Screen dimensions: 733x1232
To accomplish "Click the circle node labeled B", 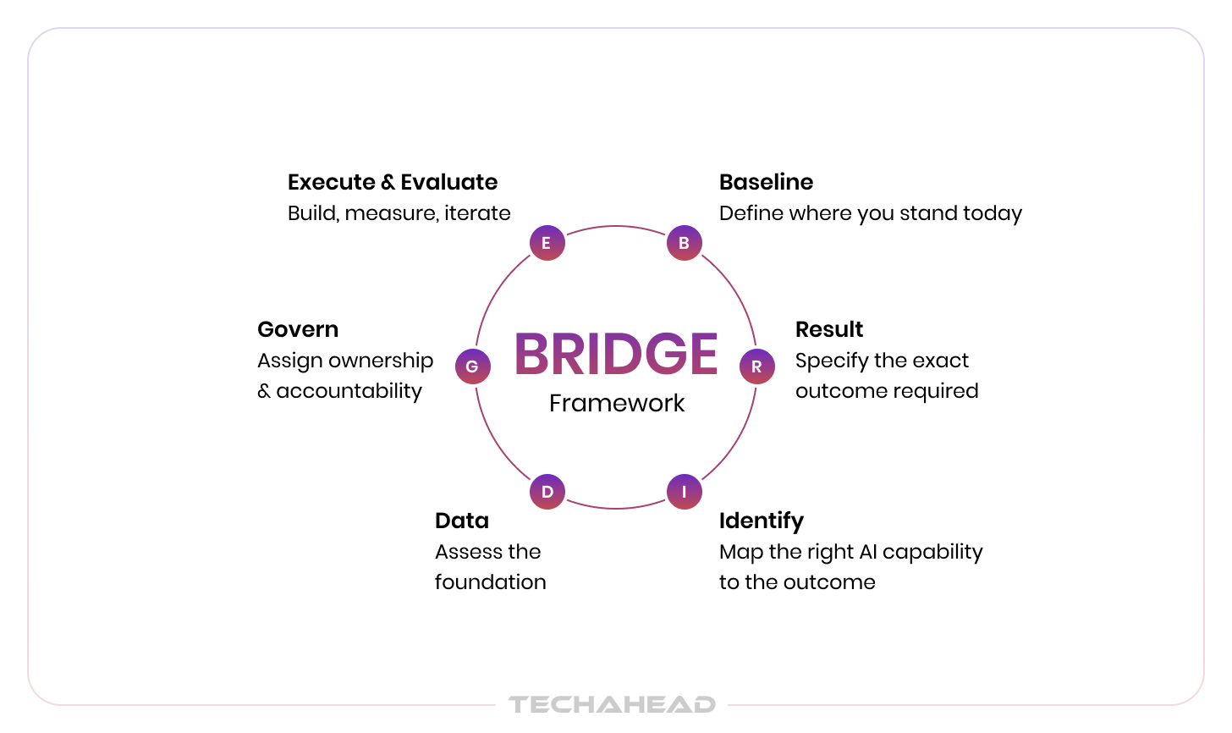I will [x=684, y=243].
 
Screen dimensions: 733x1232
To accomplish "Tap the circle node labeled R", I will [x=756, y=366].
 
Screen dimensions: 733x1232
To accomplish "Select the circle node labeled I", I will [x=684, y=492].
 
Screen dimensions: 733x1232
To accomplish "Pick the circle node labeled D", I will [x=547, y=492].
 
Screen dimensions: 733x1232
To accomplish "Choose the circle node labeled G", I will [x=472, y=366].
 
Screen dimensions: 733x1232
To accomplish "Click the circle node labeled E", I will [x=547, y=243].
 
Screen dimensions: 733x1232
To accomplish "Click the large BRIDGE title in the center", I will [x=616, y=354].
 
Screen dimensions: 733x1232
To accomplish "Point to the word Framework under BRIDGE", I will [x=617, y=403].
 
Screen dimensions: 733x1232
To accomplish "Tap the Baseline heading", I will [x=766, y=182].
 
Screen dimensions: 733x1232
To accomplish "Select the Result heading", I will [x=829, y=329].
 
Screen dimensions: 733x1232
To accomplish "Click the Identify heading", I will [x=761, y=521].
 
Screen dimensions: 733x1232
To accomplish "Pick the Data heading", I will [x=462, y=521].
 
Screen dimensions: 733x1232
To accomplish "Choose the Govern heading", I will [x=298, y=329].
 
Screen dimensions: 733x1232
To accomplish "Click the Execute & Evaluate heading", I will [x=393, y=182].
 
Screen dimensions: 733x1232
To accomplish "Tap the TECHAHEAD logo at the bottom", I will [x=612, y=704].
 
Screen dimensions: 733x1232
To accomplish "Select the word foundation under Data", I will [x=491, y=582].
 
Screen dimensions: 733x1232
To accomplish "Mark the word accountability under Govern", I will [x=349, y=391].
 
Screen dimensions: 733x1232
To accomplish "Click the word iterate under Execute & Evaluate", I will [x=477, y=213].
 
